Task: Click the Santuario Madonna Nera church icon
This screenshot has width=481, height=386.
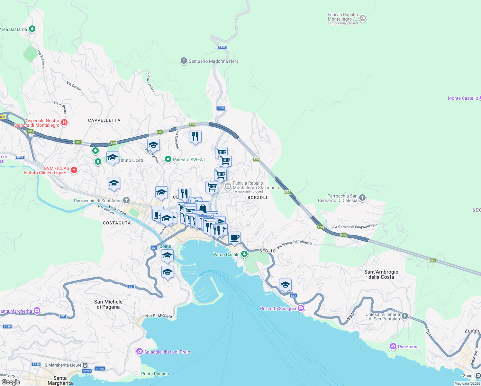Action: click(x=184, y=61)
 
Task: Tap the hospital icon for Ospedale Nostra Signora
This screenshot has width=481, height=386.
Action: click(x=64, y=122)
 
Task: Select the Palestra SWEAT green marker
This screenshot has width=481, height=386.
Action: click(x=168, y=159)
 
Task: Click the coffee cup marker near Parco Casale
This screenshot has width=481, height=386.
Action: click(x=234, y=238)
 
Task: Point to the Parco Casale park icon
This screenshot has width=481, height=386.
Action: click(x=244, y=254)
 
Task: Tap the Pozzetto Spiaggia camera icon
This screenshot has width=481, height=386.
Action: click(x=301, y=308)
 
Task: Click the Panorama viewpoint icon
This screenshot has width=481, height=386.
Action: click(x=393, y=346)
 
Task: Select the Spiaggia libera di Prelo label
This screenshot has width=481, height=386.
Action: click(x=167, y=352)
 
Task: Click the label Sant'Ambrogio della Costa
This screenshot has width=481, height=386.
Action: click(x=381, y=274)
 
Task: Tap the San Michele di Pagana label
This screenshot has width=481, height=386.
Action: click(x=108, y=304)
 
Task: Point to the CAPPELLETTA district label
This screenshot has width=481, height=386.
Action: click(x=104, y=120)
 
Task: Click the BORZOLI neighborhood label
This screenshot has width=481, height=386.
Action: click(x=257, y=198)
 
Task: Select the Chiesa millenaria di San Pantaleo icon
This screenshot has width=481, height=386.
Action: click(x=404, y=316)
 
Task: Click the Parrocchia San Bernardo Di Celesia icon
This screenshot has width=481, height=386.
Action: click(x=362, y=198)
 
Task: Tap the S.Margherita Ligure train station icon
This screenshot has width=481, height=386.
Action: click(x=85, y=365)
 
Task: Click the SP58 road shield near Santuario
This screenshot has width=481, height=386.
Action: click(x=222, y=47)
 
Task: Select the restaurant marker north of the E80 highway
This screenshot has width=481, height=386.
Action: click(x=195, y=137)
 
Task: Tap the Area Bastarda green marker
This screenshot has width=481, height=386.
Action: click(x=32, y=29)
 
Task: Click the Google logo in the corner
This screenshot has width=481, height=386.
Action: click(x=11, y=382)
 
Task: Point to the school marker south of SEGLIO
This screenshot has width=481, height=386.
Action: click(x=285, y=285)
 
